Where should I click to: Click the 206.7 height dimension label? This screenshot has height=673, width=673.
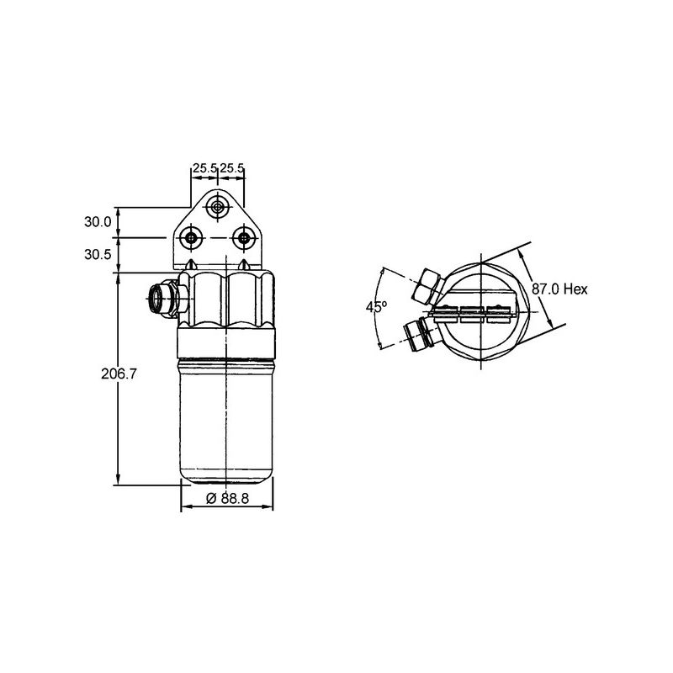(x=119, y=374)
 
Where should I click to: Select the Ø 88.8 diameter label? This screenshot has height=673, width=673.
(x=227, y=498)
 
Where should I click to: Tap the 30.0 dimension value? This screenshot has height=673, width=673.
(x=98, y=222)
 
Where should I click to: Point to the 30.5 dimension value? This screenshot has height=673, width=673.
(x=98, y=254)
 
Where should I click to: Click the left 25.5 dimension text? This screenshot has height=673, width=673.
(x=204, y=168)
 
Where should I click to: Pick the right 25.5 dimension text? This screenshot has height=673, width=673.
(x=232, y=168)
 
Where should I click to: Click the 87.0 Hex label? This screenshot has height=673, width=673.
(x=559, y=289)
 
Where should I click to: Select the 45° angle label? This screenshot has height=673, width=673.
(x=376, y=307)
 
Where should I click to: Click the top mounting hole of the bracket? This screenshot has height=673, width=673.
(x=218, y=208)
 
